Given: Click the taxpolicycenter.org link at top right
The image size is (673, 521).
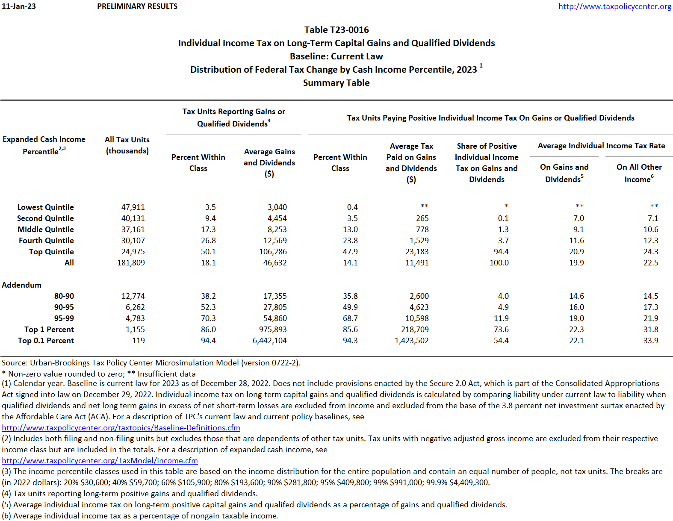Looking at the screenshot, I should pyautogui.click(x=614, y=6).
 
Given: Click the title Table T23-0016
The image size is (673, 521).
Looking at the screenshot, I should pyautogui.click(x=336, y=30).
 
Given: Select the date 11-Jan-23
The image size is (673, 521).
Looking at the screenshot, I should pyautogui.click(x=19, y=6).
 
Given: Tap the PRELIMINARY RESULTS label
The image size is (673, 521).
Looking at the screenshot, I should pyautogui.click(x=137, y=6).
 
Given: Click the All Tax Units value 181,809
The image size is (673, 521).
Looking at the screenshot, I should pyautogui.click(x=131, y=263).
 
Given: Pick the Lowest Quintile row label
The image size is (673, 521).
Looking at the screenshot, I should pyautogui.click(x=45, y=207).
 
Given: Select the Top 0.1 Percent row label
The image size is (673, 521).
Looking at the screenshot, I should pyautogui.click(x=46, y=341).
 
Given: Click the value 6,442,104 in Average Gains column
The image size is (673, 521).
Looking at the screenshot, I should pyautogui.click(x=269, y=341).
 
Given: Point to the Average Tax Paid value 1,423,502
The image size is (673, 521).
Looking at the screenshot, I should pyautogui.click(x=411, y=341).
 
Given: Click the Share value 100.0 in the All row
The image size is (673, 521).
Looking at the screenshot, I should pyautogui.click(x=499, y=263).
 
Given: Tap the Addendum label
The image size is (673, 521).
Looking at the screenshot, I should pyautogui.click(x=21, y=285).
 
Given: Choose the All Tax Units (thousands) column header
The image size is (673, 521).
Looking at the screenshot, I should pyautogui.click(x=127, y=145).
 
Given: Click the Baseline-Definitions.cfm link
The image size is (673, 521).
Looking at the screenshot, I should pyautogui.click(x=121, y=428).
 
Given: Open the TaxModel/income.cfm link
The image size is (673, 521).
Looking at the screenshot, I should pyautogui.click(x=100, y=461).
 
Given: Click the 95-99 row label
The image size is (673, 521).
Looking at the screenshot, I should pyautogui.click(x=64, y=318).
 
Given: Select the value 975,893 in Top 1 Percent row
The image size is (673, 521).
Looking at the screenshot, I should pyautogui.click(x=273, y=330).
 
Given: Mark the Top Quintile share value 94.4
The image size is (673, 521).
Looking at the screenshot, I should pyautogui.click(x=501, y=252).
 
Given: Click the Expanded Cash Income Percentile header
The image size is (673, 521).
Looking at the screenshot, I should pyautogui.click(x=44, y=145).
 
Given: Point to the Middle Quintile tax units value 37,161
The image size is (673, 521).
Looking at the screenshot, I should pyautogui.click(x=133, y=230).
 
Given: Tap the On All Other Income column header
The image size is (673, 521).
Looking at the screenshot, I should pyautogui.click(x=639, y=173).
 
